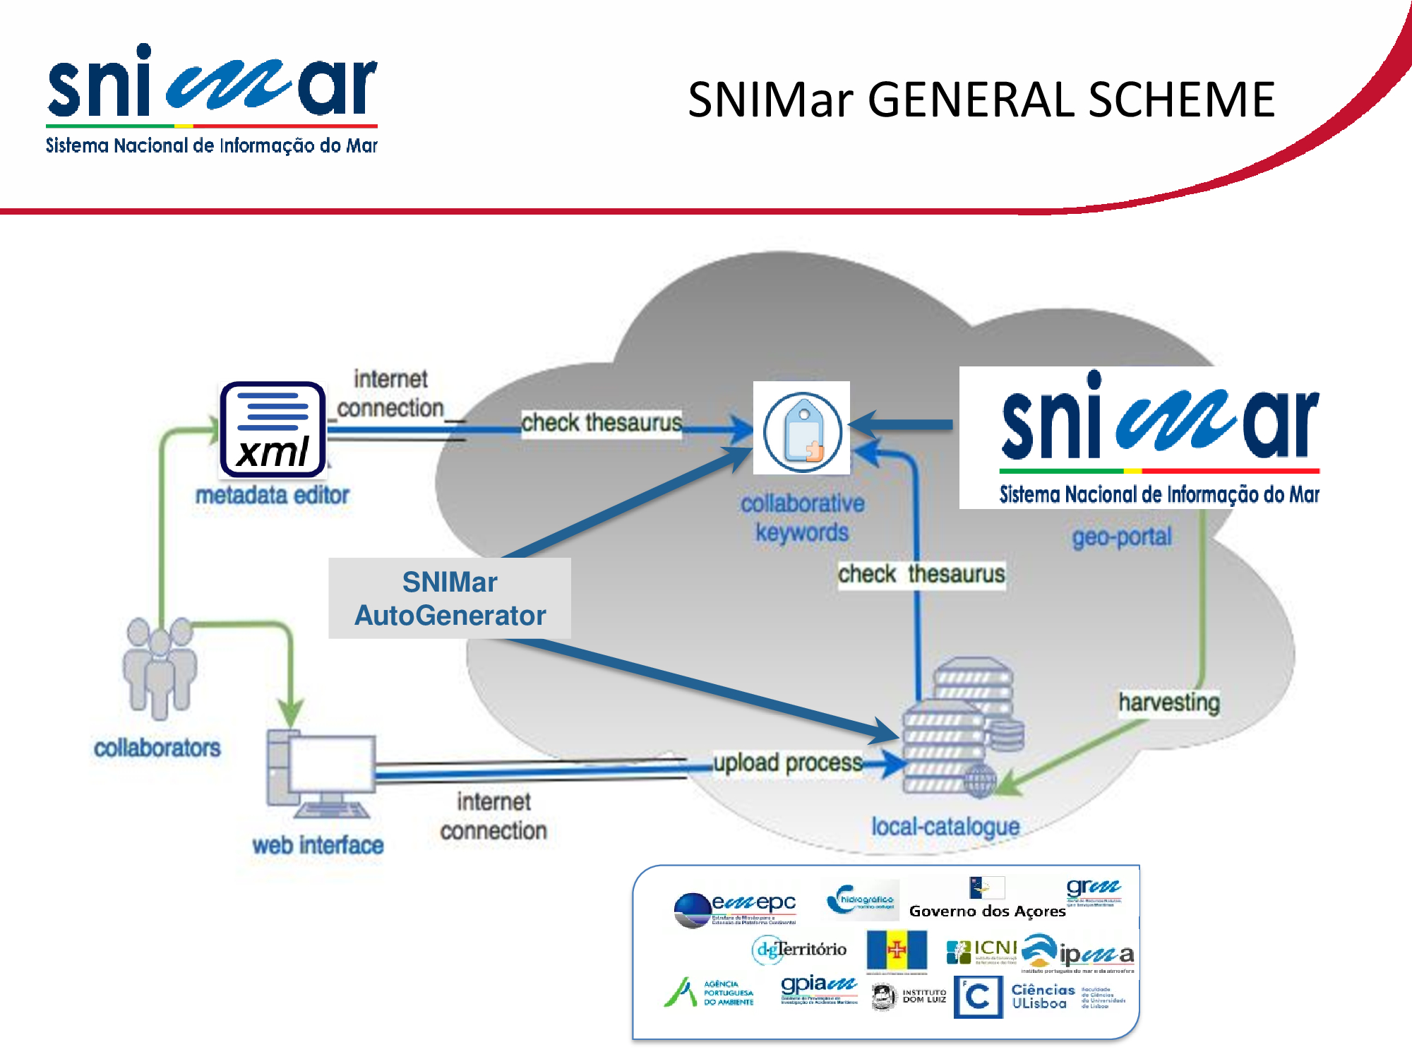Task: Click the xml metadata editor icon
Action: click(273, 429)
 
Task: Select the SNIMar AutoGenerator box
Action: click(450, 599)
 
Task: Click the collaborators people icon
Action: click(160, 667)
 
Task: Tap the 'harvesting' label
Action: click(1168, 702)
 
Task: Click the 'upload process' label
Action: click(787, 763)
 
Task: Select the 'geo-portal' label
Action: click(1121, 537)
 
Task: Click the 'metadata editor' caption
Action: click(273, 496)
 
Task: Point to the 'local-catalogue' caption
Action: click(945, 827)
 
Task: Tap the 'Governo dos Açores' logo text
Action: click(987, 911)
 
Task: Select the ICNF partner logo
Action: click(981, 952)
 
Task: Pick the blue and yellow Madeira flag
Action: click(897, 950)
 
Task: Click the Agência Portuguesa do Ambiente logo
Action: click(709, 993)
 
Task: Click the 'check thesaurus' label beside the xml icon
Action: click(602, 423)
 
